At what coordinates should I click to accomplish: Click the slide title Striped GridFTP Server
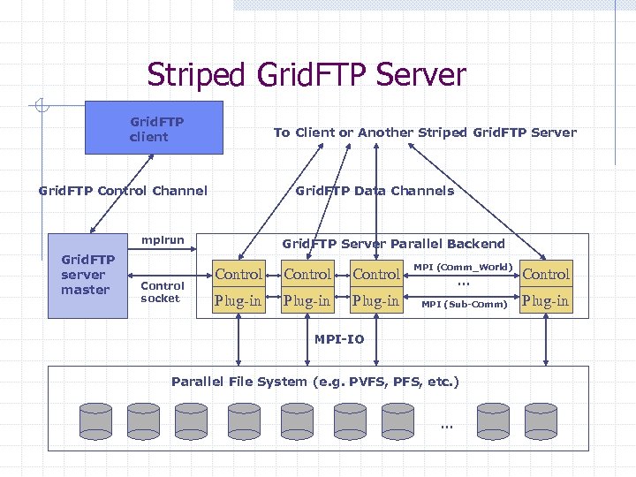coord(306,74)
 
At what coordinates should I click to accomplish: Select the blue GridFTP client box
coord(153,128)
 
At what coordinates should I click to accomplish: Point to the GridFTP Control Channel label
coord(124,191)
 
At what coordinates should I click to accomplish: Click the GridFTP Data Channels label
coord(375,191)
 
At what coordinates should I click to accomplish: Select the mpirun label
coord(163,240)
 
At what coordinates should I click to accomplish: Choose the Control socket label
coord(163,292)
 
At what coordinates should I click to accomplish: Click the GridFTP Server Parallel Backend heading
coord(393,244)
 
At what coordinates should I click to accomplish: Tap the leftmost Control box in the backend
coord(238,275)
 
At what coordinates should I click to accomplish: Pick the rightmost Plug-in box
coord(546,301)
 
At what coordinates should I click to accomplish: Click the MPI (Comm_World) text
coord(463,266)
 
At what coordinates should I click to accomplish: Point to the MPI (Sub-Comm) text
coord(464,305)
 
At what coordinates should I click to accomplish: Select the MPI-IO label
coord(339,339)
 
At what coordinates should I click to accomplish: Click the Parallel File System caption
coord(315,382)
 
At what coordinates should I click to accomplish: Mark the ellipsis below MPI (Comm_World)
coord(462,283)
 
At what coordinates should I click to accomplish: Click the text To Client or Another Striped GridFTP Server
coord(425,132)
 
